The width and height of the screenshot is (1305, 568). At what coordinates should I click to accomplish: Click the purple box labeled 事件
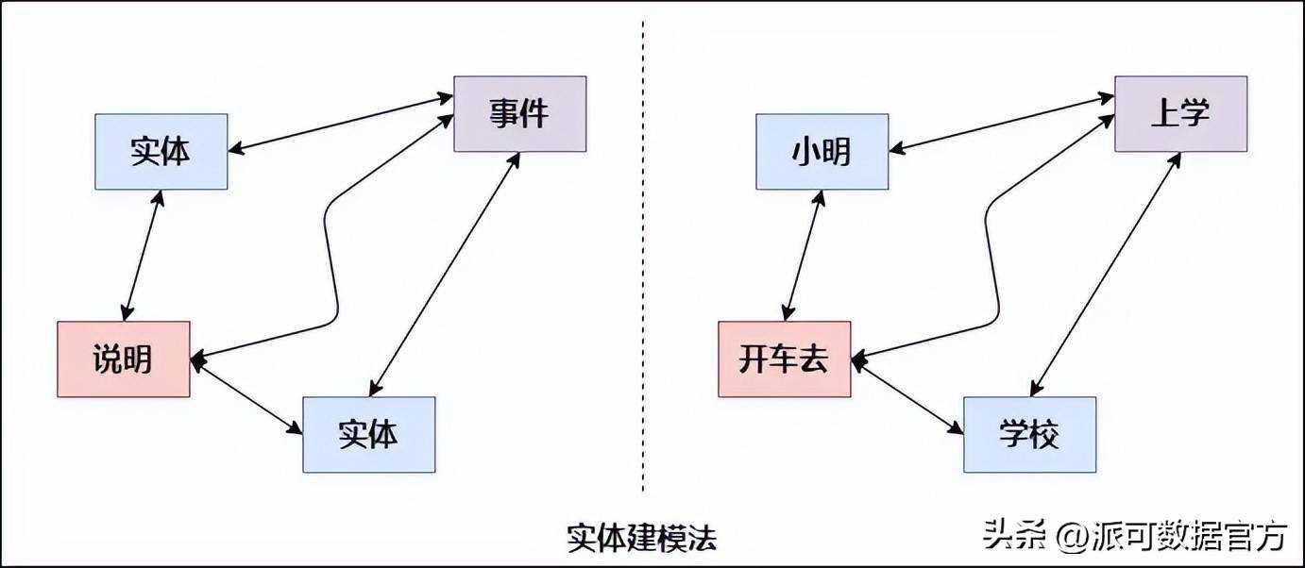[519, 114]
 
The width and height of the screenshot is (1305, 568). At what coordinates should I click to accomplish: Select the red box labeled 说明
[123, 359]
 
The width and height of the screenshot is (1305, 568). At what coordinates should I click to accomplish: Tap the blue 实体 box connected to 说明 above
[161, 151]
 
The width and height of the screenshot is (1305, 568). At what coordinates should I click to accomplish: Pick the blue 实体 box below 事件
[368, 434]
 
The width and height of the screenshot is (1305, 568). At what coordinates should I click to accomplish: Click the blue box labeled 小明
[822, 151]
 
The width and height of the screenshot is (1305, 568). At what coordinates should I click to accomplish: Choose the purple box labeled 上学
[1180, 114]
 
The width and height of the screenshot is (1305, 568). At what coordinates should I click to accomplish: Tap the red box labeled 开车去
[784, 359]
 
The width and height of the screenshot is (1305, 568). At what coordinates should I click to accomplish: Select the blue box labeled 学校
[1029, 434]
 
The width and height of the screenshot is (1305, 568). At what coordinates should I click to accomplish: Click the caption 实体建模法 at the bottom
[641, 538]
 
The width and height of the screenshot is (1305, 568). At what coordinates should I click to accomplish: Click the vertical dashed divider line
[643, 283]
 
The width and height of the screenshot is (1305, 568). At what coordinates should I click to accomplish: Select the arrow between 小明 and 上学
[1001, 122]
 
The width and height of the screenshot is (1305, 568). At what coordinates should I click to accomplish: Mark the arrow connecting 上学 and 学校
[1105, 274]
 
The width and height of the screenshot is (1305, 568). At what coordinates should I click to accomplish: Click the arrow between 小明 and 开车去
[804, 255]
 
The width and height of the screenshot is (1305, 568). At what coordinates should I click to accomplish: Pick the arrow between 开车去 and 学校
[907, 396]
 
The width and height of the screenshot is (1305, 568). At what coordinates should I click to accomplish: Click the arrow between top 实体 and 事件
[340, 122]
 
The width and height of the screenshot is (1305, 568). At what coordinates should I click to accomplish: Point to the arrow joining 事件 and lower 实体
[444, 274]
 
